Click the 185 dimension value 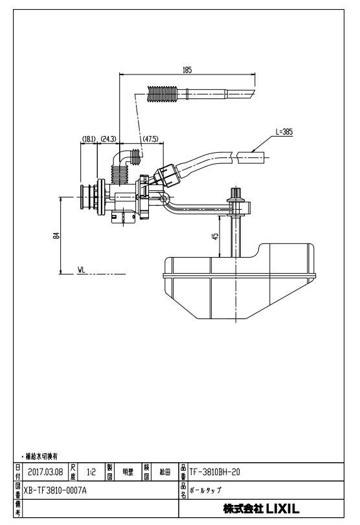(187, 70)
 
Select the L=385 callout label (284, 132)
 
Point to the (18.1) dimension (89, 139)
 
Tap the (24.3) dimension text (108, 139)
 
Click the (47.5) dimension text (150, 139)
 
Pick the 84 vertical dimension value (58, 236)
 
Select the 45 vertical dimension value (216, 236)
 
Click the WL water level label (82, 269)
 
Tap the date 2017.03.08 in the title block (45, 472)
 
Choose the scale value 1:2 (91, 472)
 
